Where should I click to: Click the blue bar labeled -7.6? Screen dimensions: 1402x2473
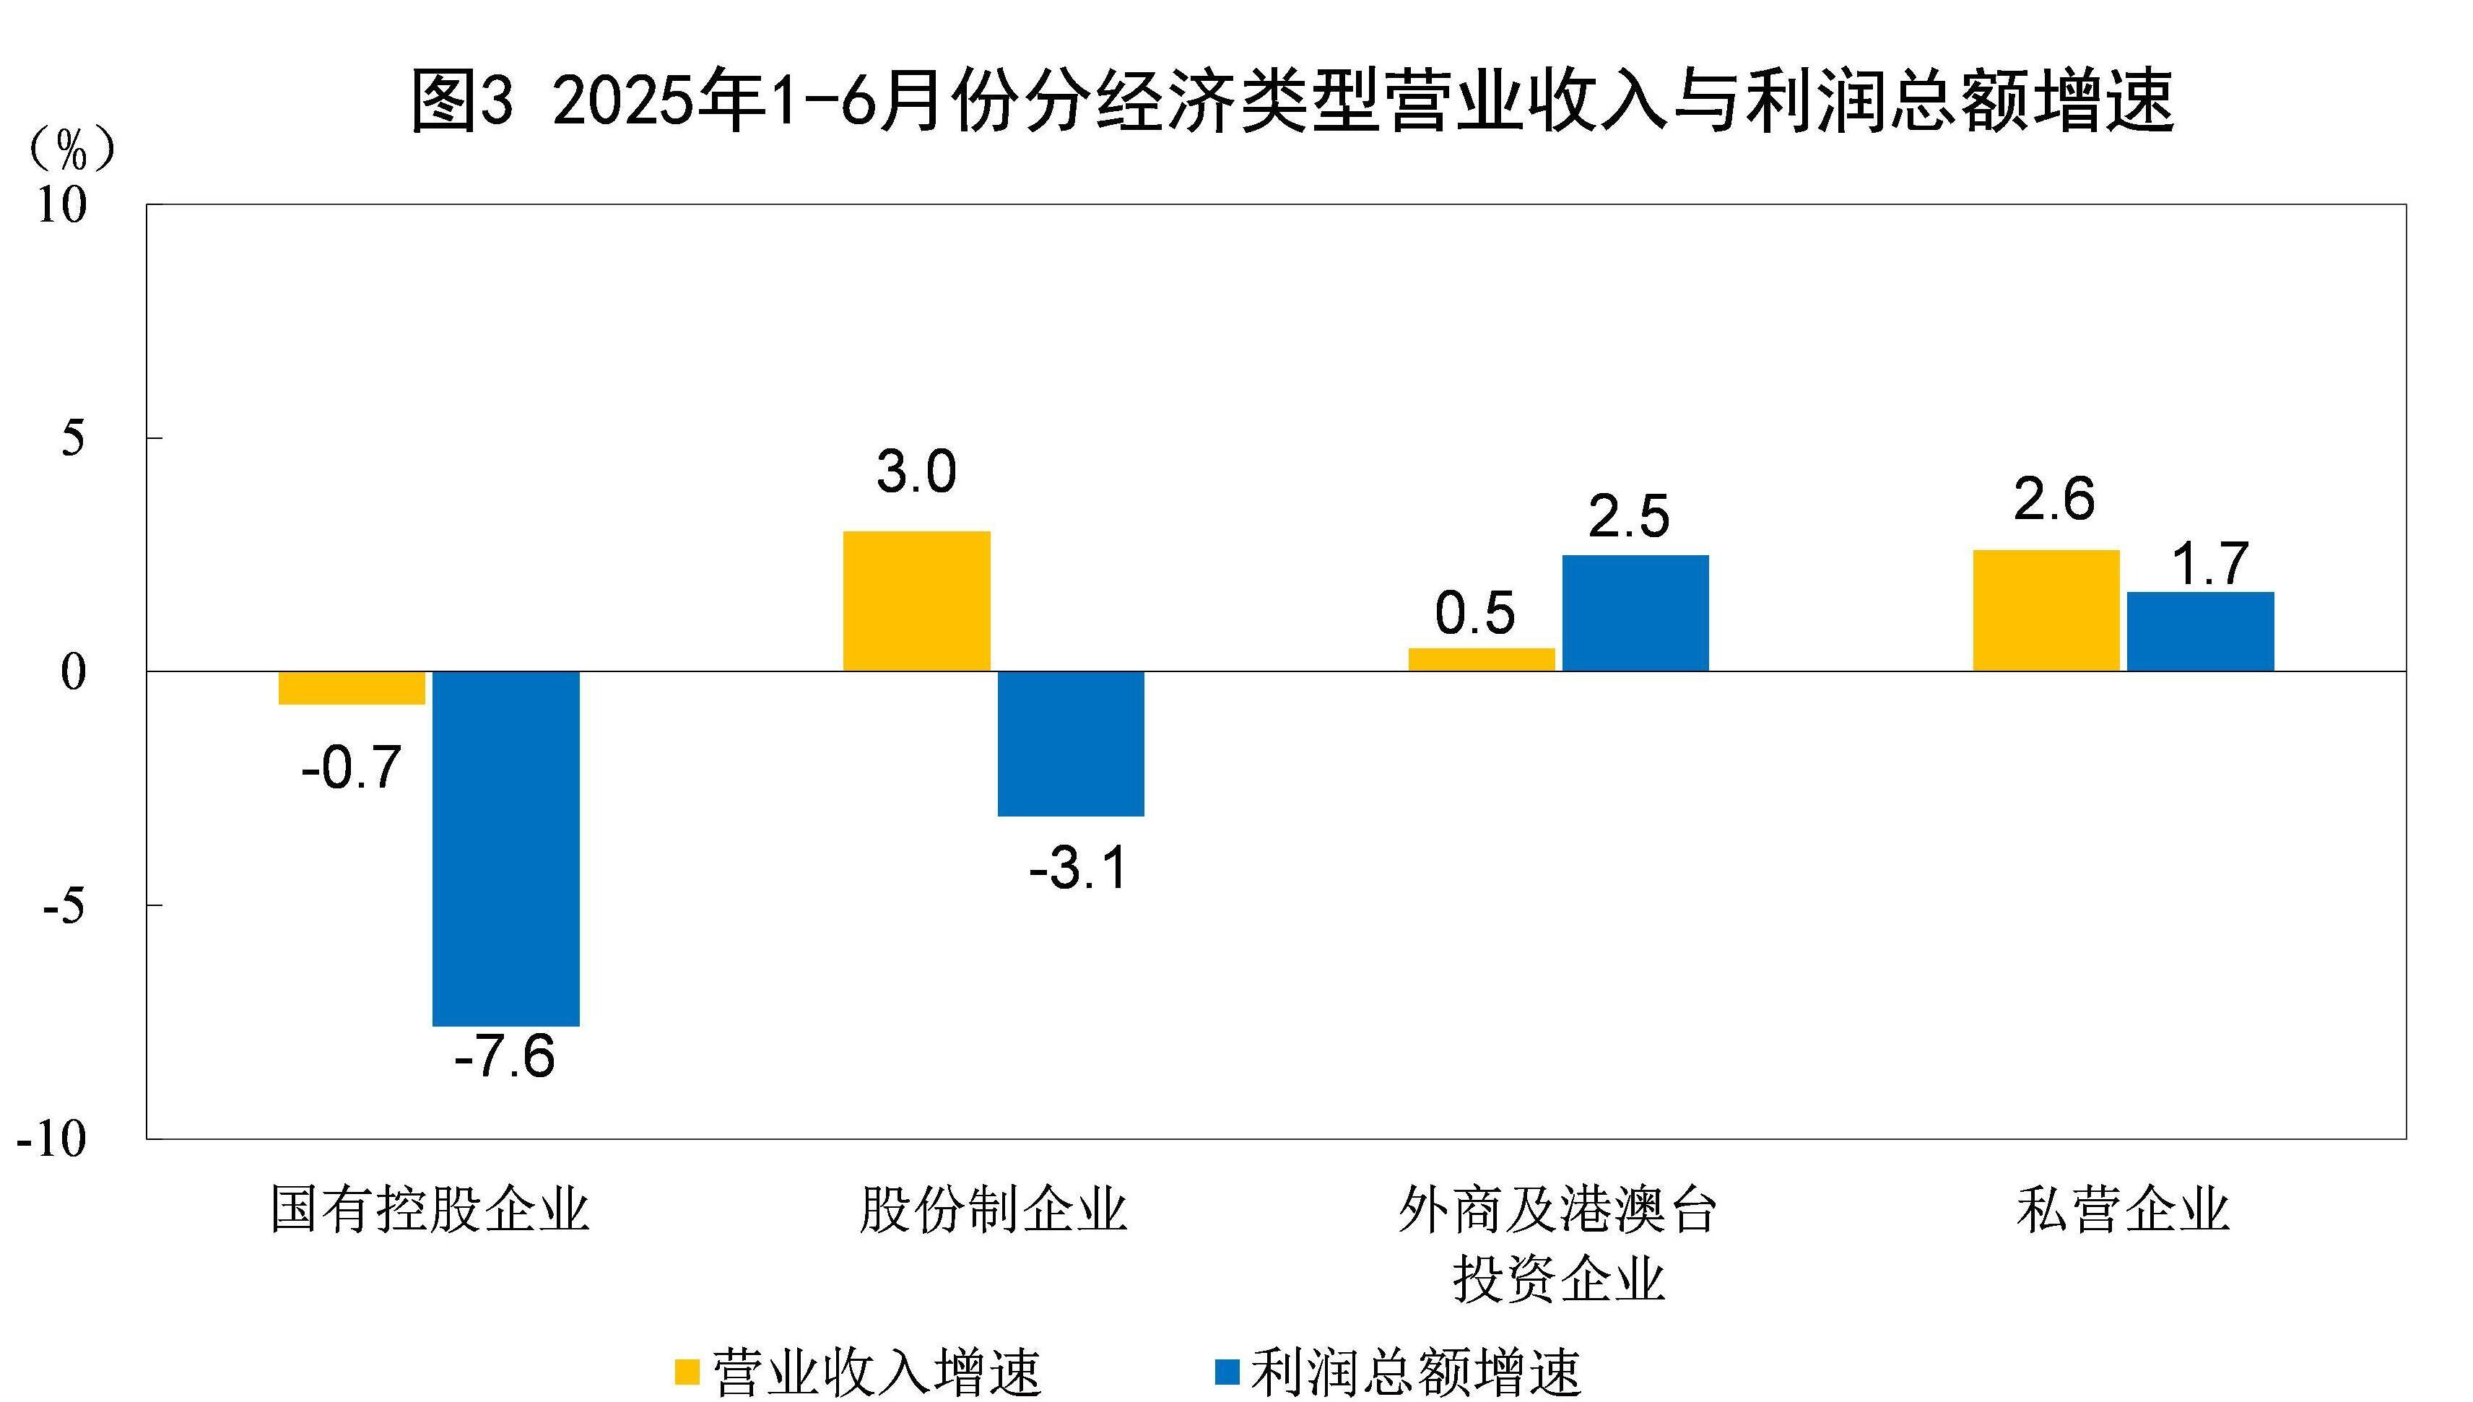[x=505, y=848]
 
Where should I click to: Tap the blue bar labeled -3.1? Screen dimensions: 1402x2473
[x=1070, y=744]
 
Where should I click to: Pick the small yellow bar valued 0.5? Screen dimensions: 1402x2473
[x=1481, y=660]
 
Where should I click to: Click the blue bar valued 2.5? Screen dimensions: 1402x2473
[x=1635, y=612]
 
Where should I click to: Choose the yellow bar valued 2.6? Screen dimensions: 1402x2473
[x=2046, y=611]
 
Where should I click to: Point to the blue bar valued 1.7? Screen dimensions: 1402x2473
[x=2201, y=632]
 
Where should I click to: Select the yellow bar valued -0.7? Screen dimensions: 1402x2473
[x=352, y=687]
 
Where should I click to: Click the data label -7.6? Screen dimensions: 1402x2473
[x=505, y=1056]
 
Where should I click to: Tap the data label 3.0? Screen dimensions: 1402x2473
[x=916, y=473]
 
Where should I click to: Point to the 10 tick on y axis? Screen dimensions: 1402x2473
[x=61, y=205]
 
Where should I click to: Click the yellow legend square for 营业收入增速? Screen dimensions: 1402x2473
[x=687, y=1371]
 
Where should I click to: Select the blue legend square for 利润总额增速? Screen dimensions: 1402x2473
[x=1227, y=1371]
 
